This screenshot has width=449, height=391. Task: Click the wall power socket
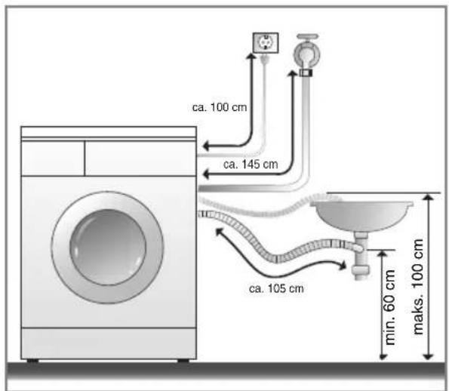click(266, 43)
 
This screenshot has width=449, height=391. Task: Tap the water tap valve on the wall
click(307, 51)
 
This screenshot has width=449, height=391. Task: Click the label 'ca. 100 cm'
click(220, 107)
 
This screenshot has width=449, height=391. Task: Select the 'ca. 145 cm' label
click(251, 165)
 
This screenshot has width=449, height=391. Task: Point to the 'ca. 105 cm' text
click(276, 288)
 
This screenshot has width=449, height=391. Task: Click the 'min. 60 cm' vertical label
click(389, 307)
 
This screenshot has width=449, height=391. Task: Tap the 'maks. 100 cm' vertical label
click(418, 287)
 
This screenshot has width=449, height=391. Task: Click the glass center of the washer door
click(108, 247)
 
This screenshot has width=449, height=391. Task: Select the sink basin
click(362, 215)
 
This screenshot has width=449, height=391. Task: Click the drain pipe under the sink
click(361, 256)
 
